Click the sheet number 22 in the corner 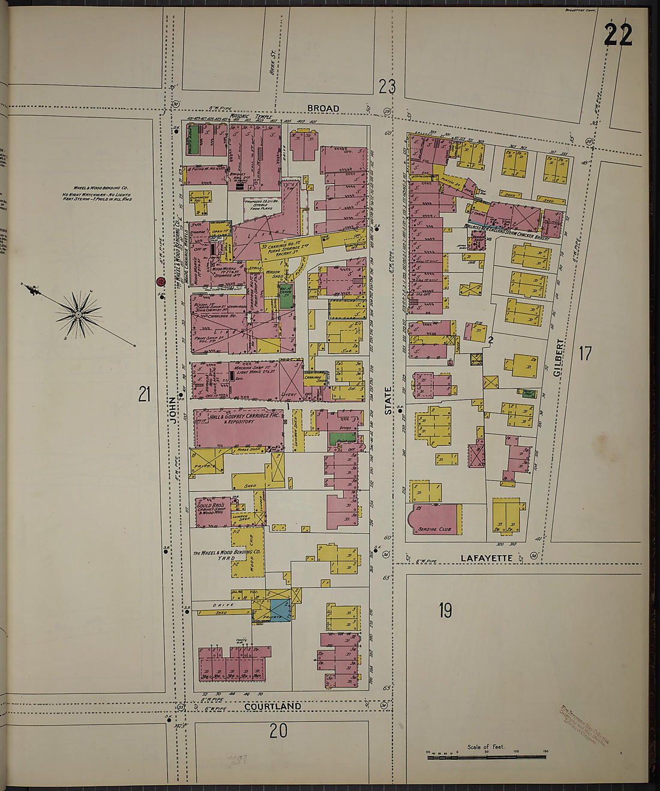617,35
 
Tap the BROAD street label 323,109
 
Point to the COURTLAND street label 272,706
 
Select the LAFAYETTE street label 486,558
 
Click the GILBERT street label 559,358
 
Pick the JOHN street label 173,410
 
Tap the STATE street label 388,401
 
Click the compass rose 78,313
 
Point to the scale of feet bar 486,757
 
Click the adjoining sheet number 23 387,88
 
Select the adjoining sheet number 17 585,353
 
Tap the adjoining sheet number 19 445,610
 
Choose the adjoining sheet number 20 278,730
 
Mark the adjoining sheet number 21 144,394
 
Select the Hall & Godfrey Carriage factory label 238,419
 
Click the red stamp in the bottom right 583,726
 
